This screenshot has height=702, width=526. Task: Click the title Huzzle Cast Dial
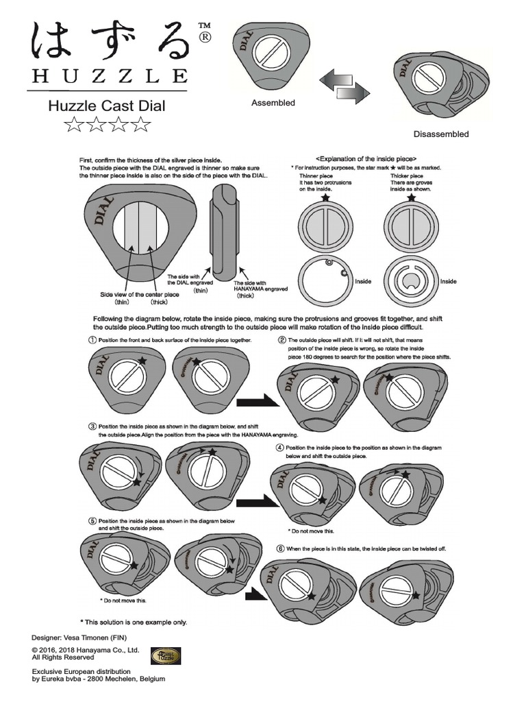(x=107, y=106)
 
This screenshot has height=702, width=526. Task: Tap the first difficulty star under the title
(x=73, y=124)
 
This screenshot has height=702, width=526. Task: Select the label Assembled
(x=273, y=103)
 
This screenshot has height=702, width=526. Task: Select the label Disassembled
(x=441, y=134)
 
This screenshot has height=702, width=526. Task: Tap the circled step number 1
(x=91, y=340)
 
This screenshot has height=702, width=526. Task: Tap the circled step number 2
(x=281, y=340)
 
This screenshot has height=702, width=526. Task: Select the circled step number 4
(x=279, y=448)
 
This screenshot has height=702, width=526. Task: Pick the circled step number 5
(x=91, y=521)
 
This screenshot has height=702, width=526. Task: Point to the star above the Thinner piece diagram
(x=325, y=198)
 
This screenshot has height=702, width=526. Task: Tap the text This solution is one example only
(x=134, y=622)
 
